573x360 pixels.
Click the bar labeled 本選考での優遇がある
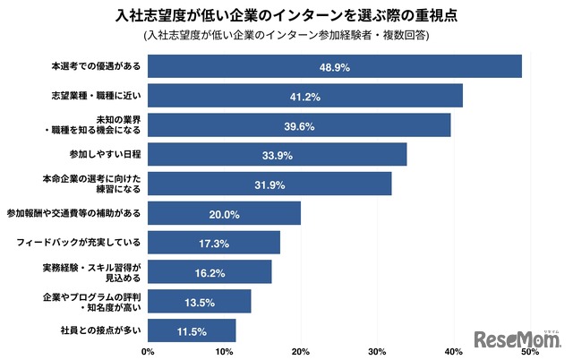point(334,66)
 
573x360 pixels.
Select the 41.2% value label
point(304,96)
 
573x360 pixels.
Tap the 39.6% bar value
point(299,125)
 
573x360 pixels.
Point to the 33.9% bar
point(277,155)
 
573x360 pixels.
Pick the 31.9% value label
point(269,184)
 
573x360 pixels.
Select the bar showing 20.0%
point(224,213)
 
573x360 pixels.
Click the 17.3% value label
point(214,243)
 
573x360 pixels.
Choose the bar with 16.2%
point(210,272)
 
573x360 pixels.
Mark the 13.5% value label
point(199,302)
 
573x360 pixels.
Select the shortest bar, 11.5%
point(192,330)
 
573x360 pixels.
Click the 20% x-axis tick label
point(301,351)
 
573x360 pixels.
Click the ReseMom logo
point(517,340)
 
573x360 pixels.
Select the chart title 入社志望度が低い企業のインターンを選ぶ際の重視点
point(286,15)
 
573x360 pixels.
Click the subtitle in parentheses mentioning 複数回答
point(286,36)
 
